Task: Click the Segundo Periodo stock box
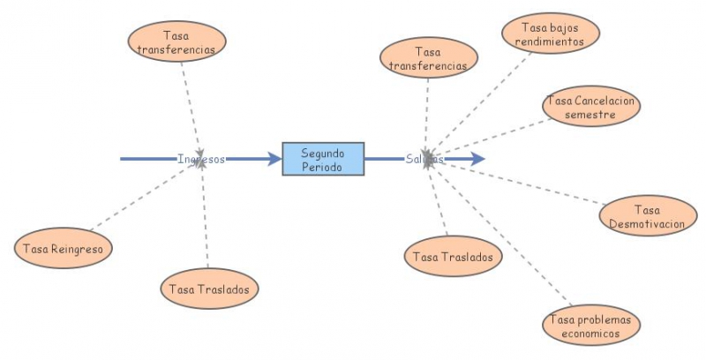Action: click(323, 159)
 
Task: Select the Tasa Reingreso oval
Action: click(64, 250)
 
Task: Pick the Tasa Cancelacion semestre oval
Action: click(590, 106)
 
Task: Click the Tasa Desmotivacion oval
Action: click(647, 216)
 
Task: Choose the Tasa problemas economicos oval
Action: click(590, 326)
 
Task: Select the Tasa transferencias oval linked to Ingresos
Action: click(176, 41)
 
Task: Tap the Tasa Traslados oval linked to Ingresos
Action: click(210, 289)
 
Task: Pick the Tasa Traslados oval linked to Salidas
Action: click(454, 257)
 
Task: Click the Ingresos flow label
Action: click(201, 159)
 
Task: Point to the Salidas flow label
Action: click(424, 159)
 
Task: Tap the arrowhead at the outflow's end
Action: click(477, 159)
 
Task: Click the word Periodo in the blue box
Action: click(323, 166)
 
